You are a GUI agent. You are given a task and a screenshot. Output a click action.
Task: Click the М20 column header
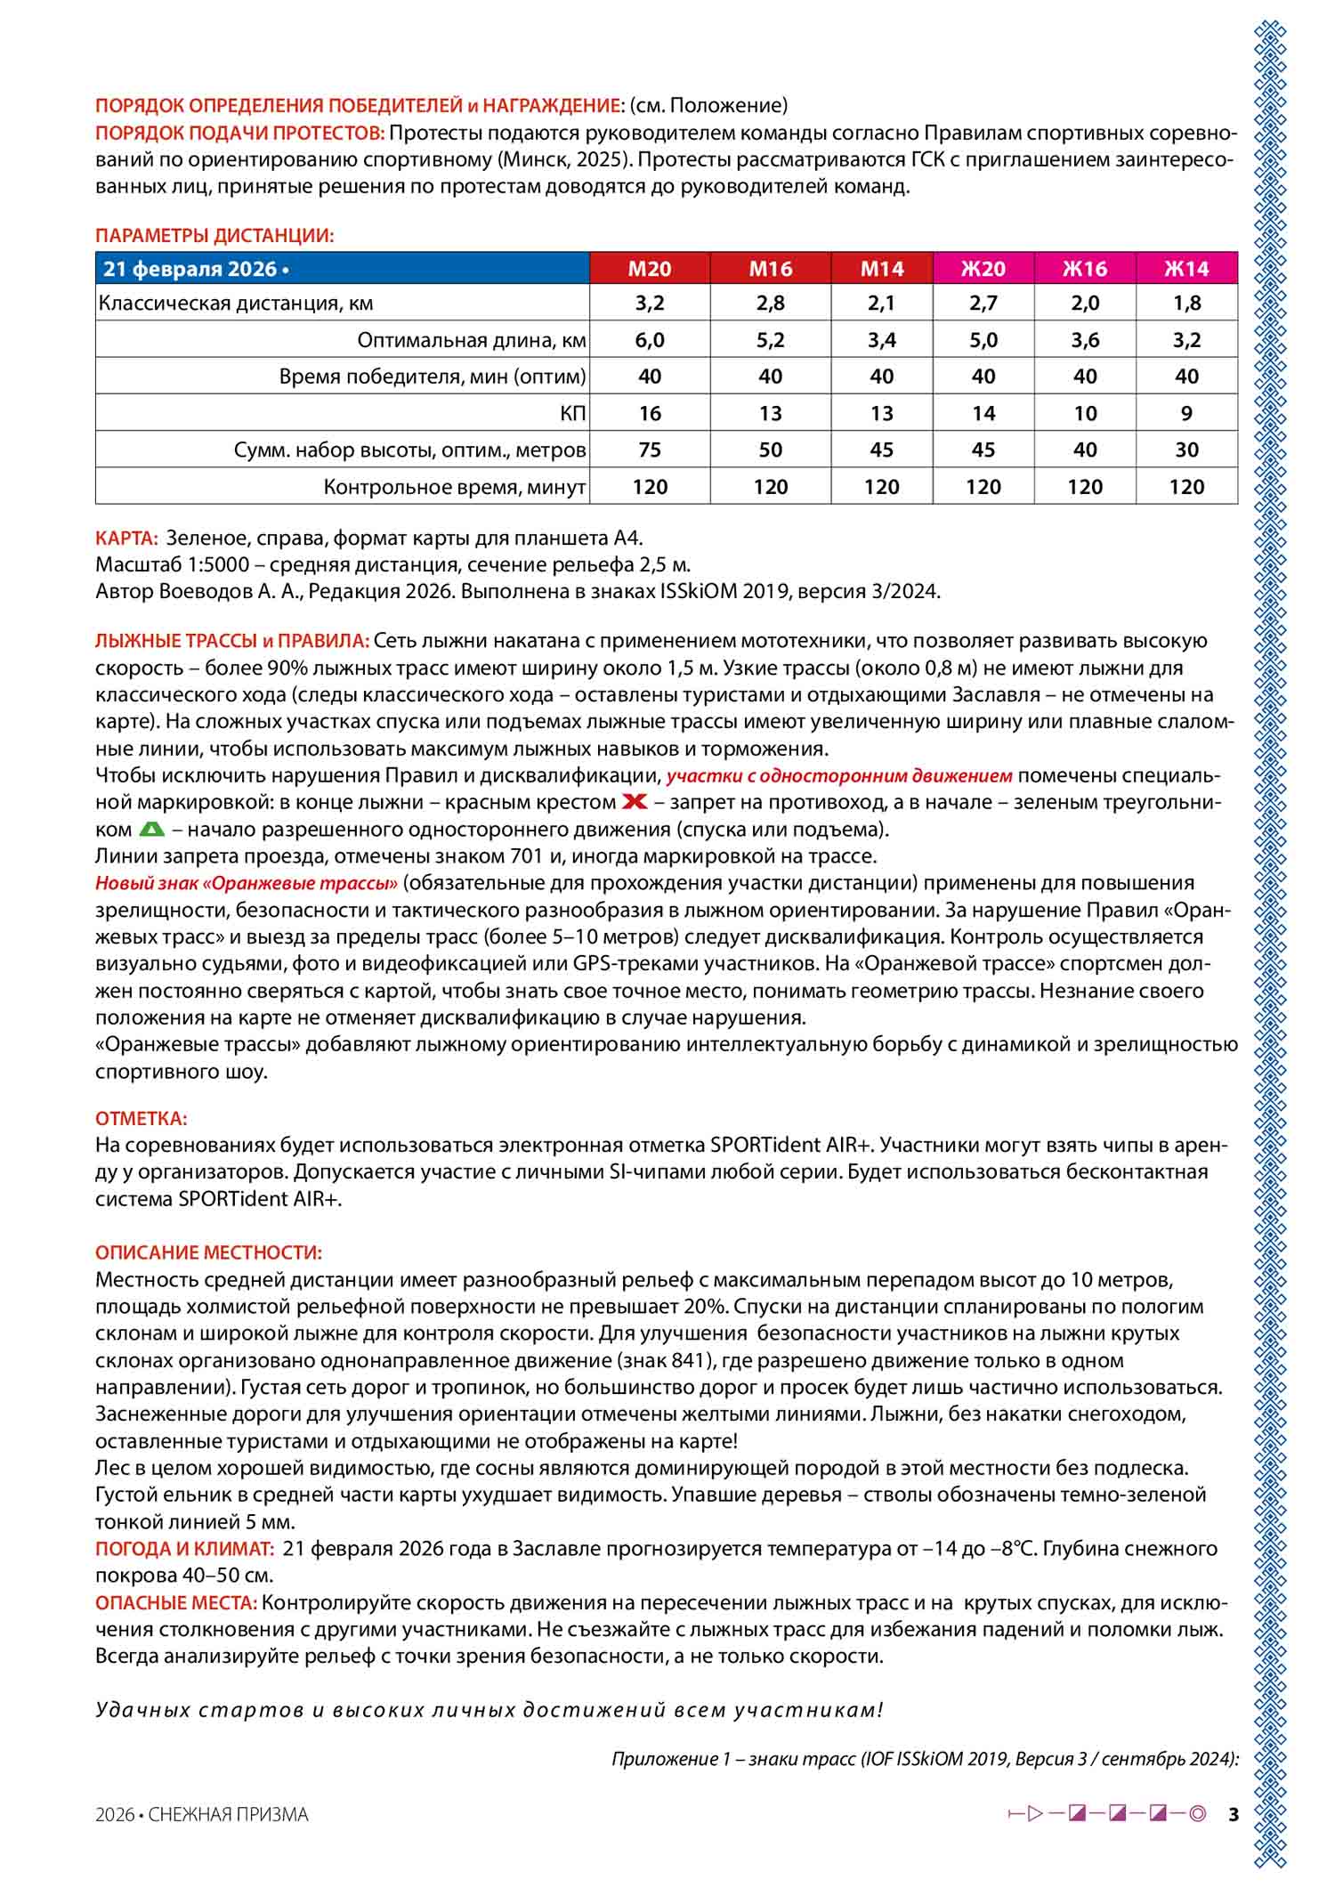650,269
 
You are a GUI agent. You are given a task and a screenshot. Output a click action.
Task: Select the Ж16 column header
1085,269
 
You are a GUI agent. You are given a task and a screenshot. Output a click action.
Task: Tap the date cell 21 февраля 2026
196,269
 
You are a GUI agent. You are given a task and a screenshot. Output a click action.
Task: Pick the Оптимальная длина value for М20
650,340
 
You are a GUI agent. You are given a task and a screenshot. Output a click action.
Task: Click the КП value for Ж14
1186,413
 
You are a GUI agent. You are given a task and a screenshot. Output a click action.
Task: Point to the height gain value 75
650,450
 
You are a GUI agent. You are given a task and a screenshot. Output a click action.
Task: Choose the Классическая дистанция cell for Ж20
983,303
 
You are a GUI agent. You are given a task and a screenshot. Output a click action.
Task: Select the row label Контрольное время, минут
454,487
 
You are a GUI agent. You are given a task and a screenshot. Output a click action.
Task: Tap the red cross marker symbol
635,802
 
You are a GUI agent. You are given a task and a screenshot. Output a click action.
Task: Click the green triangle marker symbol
152,830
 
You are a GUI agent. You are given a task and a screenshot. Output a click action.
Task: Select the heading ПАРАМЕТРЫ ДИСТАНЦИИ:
214,236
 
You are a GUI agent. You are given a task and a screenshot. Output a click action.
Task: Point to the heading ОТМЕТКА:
141,1118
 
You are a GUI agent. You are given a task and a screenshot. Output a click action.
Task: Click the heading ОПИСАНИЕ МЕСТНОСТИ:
208,1252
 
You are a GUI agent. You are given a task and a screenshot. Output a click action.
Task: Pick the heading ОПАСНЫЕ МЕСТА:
176,1602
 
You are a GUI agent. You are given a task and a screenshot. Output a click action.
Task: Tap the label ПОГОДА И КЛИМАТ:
184,1548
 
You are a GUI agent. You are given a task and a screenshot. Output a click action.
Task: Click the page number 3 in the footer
1233,1814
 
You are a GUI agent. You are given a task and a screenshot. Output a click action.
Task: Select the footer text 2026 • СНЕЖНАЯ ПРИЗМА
201,1814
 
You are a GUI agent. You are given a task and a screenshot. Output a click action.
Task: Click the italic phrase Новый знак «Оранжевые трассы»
247,883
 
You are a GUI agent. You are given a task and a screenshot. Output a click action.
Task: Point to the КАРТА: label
126,538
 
